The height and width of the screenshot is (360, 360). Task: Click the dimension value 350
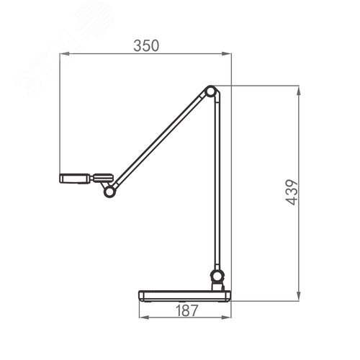pos(146,45)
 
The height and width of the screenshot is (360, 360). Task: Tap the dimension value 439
pos(292,192)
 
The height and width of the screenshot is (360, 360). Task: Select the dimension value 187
pos(186,310)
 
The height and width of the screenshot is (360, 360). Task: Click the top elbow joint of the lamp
pos(210,91)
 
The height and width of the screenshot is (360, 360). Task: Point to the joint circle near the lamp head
pos(109,192)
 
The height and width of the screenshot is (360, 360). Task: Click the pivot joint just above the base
pos(217,276)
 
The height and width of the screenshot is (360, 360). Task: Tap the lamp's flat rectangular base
pos(185,296)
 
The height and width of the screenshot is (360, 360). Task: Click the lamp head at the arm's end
pos(75,179)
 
